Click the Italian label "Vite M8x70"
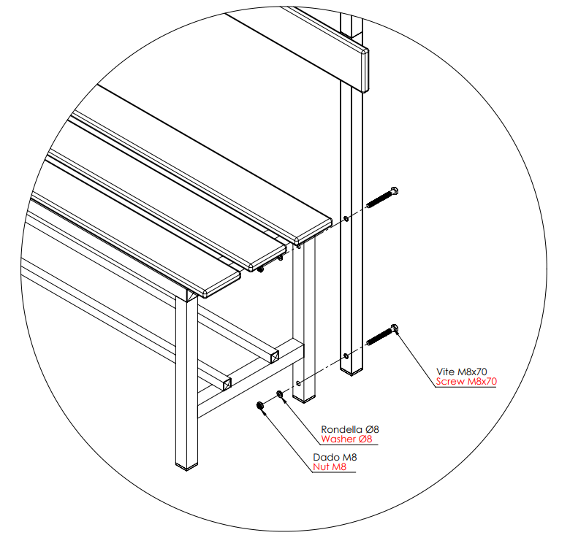pyautogui.click(x=461, y=372)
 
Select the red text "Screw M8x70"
pyautogui.click(x=466, y=381)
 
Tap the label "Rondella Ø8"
pyautogui.click(x=350, y=429)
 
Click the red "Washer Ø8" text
pyautogui.click(x=347, y=439)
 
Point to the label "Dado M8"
pyautogui.click(x=335, y=457)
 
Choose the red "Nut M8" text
pyautogui.click(x=330, y=466)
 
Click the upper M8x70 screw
pyautogui.click(x=382, y=198)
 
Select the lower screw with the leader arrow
pyautogui.click(x=382, y=334)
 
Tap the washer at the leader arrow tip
pyautogui.click(x=280, y=394)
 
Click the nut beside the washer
pyautogui.click(x=260, y=405)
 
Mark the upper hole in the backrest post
pyautogui.click(x=346, y=218)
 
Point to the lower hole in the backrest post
pyautogui.click(x=346, y=355)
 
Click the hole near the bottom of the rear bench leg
pyautogui.click(x=298, y=383)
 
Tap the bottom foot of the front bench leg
pyautogui.click(x=186, y=466)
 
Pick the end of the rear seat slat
pyautogui.click(x=313, y=231)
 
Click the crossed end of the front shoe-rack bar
pyautogui.click(x=227, y=384)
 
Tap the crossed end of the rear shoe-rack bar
pyautogui.click(x=275, y=357)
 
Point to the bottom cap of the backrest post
pyautogui.click(x=351, y=372)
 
